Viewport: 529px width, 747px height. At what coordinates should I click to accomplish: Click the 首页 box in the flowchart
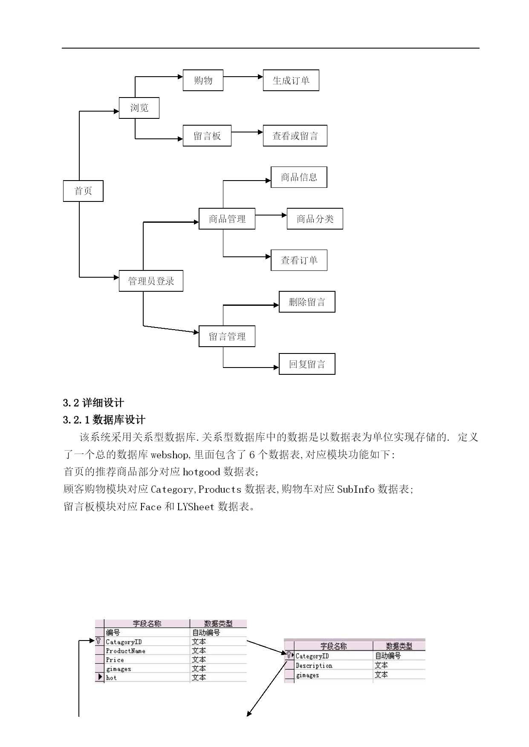pyautogui.click(x=83, y=191)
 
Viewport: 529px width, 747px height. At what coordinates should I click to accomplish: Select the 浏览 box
pyautogui.click(x=139, y=108)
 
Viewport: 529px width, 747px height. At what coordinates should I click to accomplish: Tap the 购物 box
pyautogui.click(x=203, y=80)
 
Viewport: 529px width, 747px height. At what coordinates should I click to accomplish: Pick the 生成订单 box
pyautogui.click(x=291, y=80)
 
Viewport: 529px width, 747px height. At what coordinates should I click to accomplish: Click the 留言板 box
pyautogui.click(x=207, y=136)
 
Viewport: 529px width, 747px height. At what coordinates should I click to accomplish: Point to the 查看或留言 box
pyautogui.click(x=295, y=136)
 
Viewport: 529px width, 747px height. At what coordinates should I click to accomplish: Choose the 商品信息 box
pyautogui.click(x=299, y=177)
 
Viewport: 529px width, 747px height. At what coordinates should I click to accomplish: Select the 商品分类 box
pyautogui.click(x=315, y=219)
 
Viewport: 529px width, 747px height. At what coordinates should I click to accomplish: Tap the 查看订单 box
pyautogui.click(x=299, y=260)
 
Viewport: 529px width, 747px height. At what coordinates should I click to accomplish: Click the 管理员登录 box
pyautogui.click(x=151, y=281)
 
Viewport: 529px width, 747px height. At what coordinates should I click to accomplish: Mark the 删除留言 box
pyautogui.click(x=307, y=302)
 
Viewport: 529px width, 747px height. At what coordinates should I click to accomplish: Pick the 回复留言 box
pyautogui.click(x=307, y=364)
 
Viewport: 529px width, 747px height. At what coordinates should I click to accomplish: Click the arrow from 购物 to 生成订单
pyautogui.click(x=243, y=77)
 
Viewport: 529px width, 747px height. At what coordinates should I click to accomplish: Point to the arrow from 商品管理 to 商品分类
pyautogui.click(x=271, y=215)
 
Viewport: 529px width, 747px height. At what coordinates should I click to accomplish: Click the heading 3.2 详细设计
pyautogui.click(x=93, y=403)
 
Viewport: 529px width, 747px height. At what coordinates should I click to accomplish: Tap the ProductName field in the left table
pyautogui.click(x=126, y=651)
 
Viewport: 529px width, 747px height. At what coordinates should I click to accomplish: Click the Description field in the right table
pyautogui.click(x=314, y=666)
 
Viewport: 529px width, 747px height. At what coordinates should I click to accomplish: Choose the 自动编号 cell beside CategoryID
pyautogui.click(x=388, y=656)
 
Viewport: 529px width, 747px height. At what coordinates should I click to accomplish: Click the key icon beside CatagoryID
pyautogui.click(x=98, y=641)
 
